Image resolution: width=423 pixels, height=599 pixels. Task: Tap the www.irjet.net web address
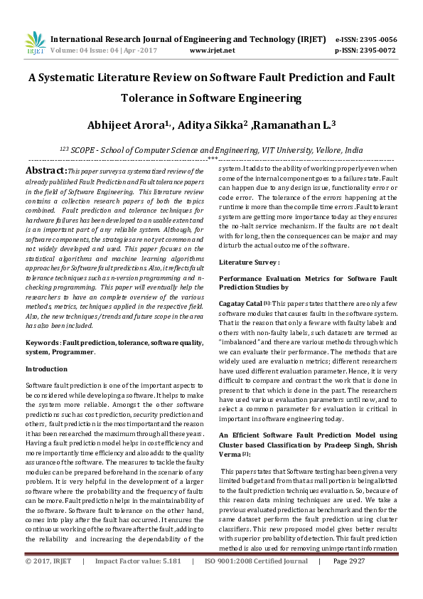click(213, 51)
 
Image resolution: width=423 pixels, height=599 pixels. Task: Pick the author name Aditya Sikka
click(213, 125)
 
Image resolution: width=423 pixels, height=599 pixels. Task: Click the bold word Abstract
click(45, 171)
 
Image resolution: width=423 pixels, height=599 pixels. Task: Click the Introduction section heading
click(47, 369)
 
